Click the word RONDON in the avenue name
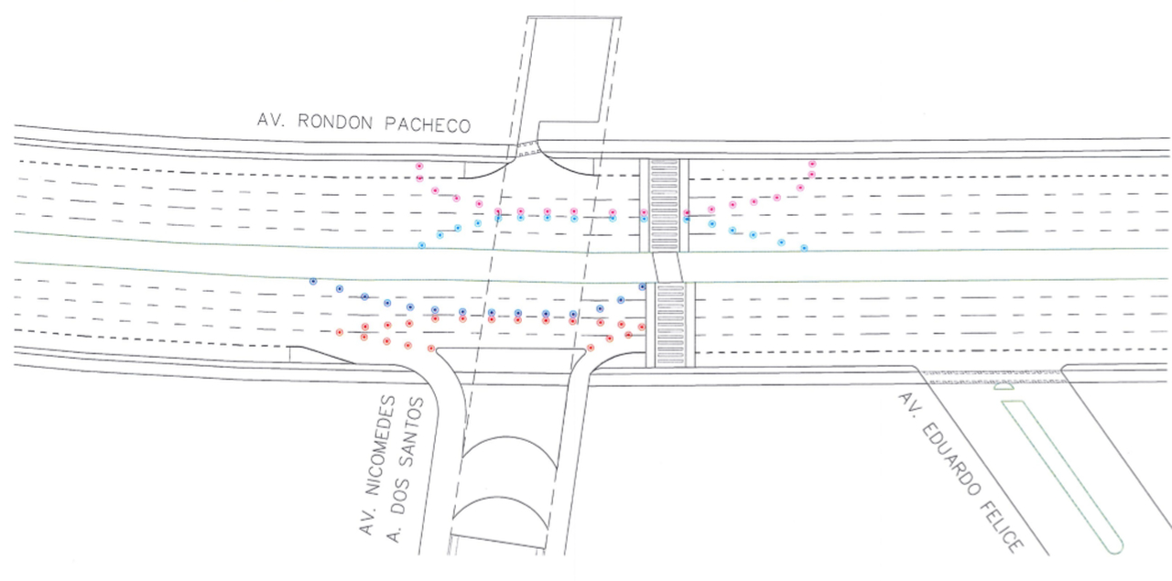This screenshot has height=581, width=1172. click(x=335, y=122)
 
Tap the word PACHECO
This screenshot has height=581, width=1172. click(x=428, y=124)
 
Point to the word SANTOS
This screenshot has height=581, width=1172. click(x=412, y=432)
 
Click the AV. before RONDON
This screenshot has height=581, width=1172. click(x=271, y=120)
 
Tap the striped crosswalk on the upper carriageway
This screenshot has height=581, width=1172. click(x=664, y=206)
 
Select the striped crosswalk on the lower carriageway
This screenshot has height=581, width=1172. click(x=671, y=324)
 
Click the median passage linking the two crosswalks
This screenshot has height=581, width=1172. click(x=667, y=267)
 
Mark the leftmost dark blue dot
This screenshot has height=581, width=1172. click(x=313, y=281)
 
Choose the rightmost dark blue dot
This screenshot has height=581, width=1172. click(x=642, y=286)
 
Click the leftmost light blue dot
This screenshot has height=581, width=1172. click(x=422, y=245)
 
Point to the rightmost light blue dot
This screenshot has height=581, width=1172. click(x=804, y=248)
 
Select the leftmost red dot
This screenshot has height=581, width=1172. click(x=340, y=332)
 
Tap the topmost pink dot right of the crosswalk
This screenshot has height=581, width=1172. click(x=812, y=164)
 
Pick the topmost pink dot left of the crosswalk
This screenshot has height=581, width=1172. click(x=419, y=167)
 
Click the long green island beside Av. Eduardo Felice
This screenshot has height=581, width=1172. click(x=1062, y=476)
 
